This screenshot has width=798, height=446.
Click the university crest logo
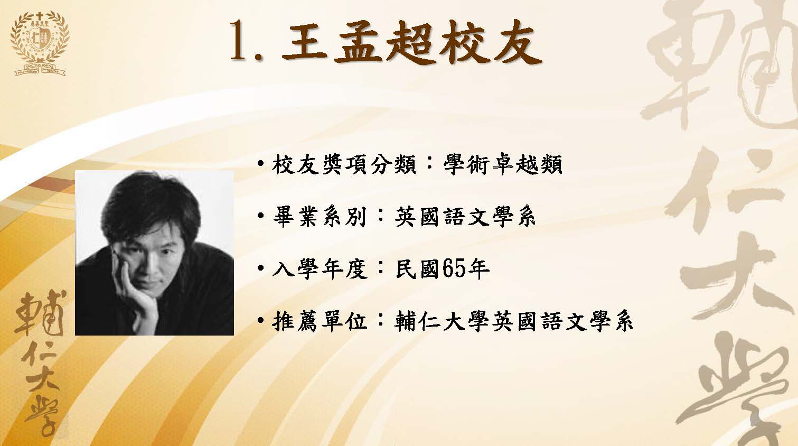(40, 43)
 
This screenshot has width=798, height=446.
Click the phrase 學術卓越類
(503, 164)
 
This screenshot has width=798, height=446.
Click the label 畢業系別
(320, 217)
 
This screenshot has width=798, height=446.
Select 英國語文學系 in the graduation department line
(465, 217)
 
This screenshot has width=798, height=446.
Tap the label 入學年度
(320, 269)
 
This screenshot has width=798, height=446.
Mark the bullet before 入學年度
(260, 268)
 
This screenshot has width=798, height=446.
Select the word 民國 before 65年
(418, 269)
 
